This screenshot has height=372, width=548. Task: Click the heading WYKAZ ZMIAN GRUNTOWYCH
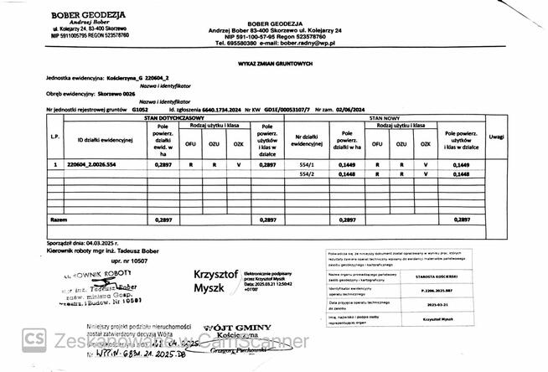[274, 62]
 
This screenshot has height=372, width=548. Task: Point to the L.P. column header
[54, 137]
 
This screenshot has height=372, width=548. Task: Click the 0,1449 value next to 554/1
[344, 165]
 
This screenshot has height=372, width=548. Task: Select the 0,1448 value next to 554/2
[344, 174]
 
